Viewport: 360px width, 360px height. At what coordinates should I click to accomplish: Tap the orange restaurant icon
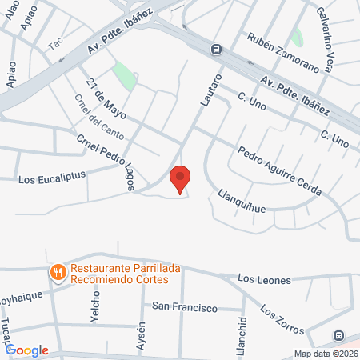[58, 273]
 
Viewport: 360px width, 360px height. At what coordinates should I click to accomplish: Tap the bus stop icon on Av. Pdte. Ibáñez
[216, 49]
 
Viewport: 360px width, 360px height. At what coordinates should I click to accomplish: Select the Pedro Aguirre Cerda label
[279, 172]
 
